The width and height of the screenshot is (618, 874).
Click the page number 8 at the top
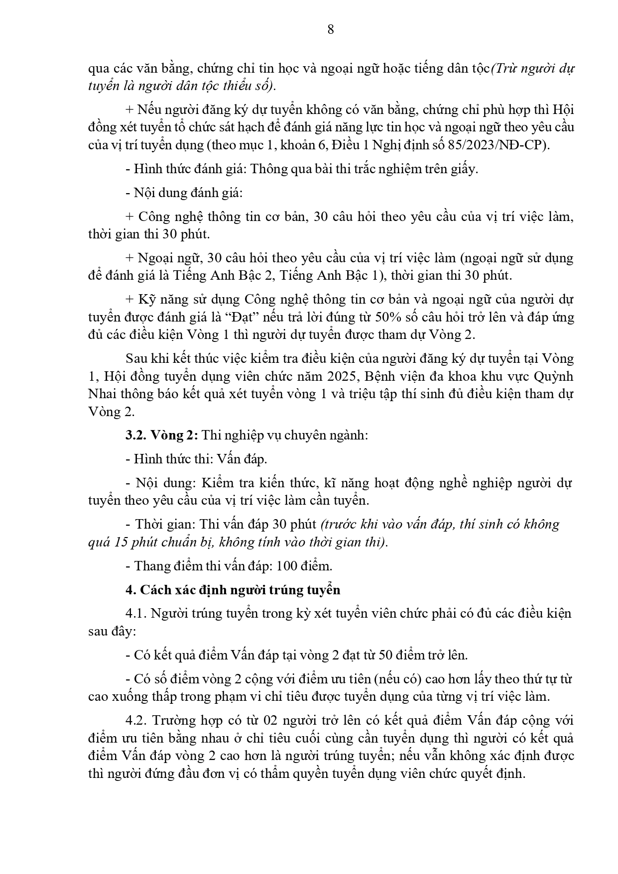coord(331,30)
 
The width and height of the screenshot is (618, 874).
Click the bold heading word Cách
coord(155,590)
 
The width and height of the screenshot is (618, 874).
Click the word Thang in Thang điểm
coord(150,566)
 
